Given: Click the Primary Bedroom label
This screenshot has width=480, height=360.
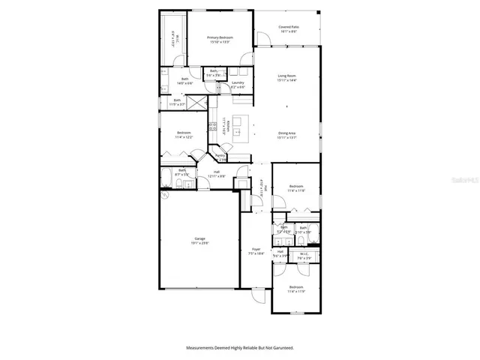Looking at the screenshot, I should tap(220, 40).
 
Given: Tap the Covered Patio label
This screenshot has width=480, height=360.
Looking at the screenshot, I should tap(289, 29).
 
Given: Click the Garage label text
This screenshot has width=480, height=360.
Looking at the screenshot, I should tap(199, 241).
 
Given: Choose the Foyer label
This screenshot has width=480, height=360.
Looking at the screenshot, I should tap(256, 251).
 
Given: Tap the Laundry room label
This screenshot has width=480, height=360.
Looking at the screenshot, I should tap(238, 85).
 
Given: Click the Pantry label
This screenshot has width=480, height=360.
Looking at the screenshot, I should tap(221, 157).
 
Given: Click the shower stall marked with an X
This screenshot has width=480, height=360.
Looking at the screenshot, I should tap(196, 103).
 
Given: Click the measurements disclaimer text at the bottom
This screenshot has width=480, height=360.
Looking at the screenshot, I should tap(240, 348).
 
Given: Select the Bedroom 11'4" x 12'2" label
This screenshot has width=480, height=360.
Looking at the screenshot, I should tap(184, 135).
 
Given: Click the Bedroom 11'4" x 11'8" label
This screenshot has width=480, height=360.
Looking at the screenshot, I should tap(296, 188).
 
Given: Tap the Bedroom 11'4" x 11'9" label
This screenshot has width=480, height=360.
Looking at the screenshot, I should tap(296, 289).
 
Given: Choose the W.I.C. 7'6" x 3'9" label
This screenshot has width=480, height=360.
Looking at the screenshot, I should tap(304, 254).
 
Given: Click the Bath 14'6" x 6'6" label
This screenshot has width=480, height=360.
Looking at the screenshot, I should tap(184, 81).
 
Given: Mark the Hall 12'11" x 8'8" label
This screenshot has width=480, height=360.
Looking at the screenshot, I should tap(217, 174).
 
